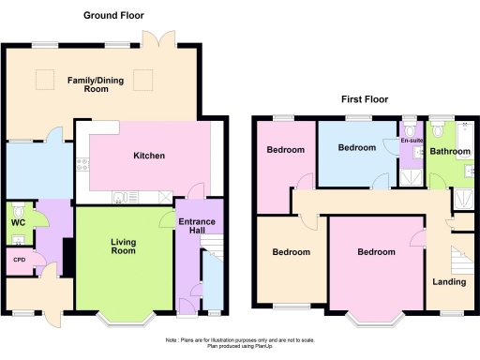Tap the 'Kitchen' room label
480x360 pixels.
tap(149, 156)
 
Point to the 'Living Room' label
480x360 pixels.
tap(124, 247)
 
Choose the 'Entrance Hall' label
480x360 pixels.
tap(197, 226)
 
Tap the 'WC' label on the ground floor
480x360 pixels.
tap(18, 223)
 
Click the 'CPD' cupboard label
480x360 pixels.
tap(19, 260)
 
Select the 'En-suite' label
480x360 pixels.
tap(412, 142)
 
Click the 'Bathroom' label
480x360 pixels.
tap(450, 151)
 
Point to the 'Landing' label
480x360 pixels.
tap(448, 281)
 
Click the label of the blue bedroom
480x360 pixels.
tap(356, 148)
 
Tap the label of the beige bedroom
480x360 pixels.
tap(291, 251)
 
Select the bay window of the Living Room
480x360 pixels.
tap(124, 318)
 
